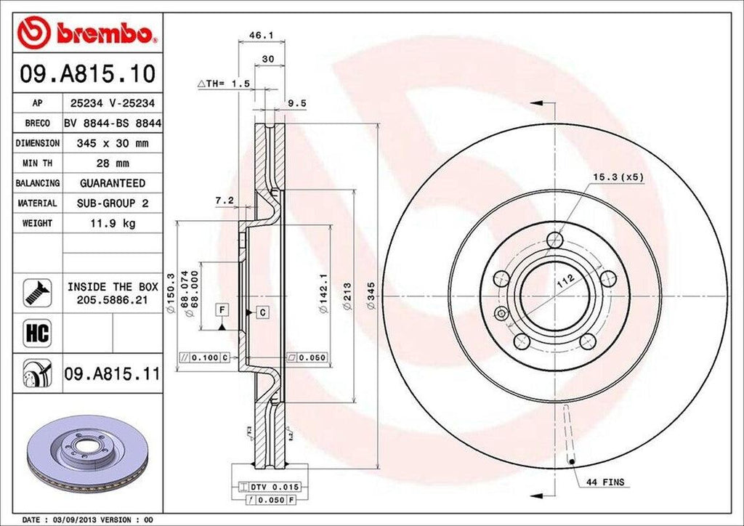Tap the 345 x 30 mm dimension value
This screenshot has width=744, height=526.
[x=113, y=144]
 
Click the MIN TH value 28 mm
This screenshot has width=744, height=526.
[x=113, y=163]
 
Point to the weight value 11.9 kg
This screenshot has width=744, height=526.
[x=113, y=224]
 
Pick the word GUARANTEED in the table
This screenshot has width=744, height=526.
[x=113, y=183]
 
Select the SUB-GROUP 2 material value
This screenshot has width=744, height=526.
[x=113, y=203]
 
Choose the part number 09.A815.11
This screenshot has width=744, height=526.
[x=112, y=374]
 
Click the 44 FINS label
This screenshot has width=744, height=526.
[x=606, y=482]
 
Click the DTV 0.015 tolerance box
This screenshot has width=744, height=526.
[x=275, y=486]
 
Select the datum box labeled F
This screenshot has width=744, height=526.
[x=221, y=310]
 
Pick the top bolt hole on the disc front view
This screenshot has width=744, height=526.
[x=556, y=240]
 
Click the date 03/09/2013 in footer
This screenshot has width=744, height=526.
[x=73, y=520]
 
